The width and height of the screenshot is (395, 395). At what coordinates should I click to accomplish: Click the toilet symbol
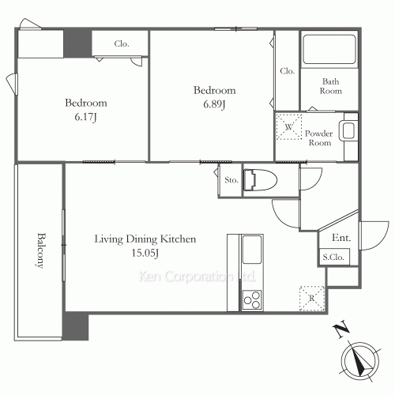(x=260, y=180)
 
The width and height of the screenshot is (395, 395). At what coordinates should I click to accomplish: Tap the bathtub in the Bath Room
(x=329, y=49)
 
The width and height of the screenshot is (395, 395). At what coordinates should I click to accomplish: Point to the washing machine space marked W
(x=289, y=127)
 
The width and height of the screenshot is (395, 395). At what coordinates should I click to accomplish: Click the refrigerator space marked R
(x=312, y=299)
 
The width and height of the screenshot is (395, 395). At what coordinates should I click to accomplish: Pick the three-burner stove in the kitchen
(x=252, y=299)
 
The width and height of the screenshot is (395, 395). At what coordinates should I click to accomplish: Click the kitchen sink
(x=252, y=250)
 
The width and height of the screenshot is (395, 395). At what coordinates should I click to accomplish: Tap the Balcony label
(x=40, y=250)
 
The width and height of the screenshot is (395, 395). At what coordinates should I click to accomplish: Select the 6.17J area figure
(x=85, y=117)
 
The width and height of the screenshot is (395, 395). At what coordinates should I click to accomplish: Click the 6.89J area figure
(x=214, y=104)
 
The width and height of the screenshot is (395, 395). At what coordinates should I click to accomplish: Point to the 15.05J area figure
(x=145, y=253)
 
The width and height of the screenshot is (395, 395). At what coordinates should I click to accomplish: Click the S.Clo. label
(x=333, y=257)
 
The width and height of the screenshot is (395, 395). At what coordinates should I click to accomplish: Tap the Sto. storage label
(x=231, y=180)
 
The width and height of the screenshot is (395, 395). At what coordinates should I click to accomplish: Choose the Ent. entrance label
(x=341, y=238)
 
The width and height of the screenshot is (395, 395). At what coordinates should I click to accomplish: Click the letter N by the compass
(x=341, y=329)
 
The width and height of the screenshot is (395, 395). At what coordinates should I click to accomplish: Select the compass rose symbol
(x=360, y=361)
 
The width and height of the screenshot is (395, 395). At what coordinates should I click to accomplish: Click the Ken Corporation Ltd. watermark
(x=197, y=276)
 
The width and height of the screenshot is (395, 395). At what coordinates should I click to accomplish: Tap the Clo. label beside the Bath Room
(x=287, y=71)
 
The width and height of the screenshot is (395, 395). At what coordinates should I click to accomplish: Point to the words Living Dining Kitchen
(x=145, y=239)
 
